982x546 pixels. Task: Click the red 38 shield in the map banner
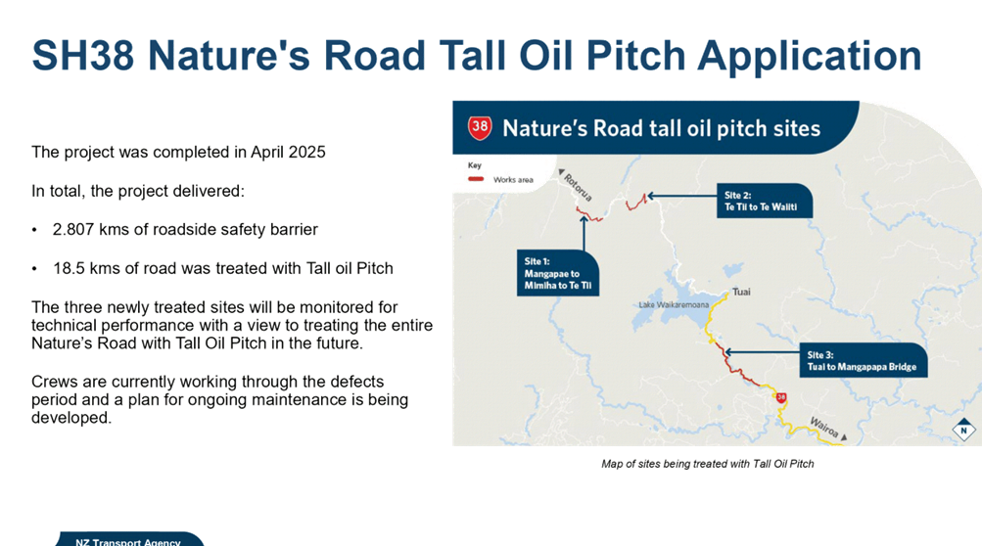point(480,127)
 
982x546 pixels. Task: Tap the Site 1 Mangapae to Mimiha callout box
point(557,273)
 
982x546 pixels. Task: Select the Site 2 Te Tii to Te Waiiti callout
point(765,201)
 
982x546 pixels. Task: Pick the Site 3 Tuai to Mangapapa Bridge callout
point(863,360)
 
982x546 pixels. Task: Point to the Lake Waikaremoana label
point(674,305)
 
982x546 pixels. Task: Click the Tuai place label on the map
point(741,292)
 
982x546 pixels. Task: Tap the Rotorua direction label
point(578,187)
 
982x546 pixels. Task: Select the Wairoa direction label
point(824,428)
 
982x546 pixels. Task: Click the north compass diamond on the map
point(963,431)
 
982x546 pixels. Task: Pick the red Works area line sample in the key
point(476,179)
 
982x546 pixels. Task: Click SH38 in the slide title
point(82,55)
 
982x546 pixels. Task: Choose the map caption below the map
point(708,464)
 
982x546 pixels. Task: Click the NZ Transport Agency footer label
point(127,542)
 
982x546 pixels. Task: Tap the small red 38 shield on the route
point(781,397)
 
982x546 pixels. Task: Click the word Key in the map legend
point(475,165)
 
